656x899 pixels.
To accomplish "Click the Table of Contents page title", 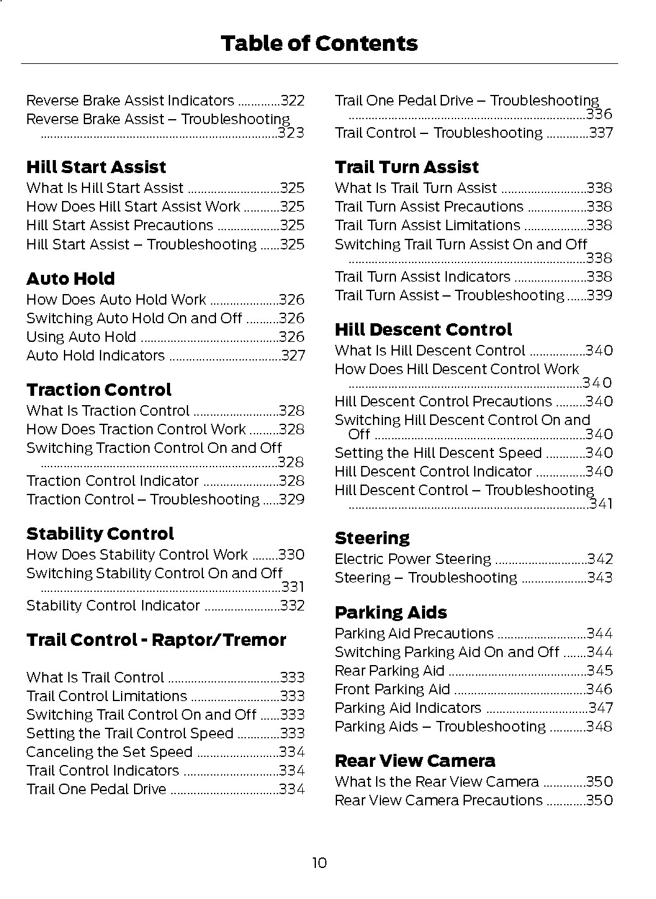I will click(319, 43).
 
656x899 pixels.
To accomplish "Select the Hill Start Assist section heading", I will click(96, 167).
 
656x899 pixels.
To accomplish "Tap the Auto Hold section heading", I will click(70, 279).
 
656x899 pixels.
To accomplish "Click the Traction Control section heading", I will click(99, 390).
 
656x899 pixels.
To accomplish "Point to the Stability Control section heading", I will click(100, 534).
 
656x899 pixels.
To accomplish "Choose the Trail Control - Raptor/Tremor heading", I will click(156, 640).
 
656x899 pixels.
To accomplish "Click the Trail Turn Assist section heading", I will click(407, 167).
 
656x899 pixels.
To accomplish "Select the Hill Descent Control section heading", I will click(423, 329).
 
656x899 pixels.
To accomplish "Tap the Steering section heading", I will click(372, 538).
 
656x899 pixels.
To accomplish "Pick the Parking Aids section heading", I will click(390, 612).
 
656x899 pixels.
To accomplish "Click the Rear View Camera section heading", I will click(415, 761).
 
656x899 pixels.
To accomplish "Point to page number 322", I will click(292, 101).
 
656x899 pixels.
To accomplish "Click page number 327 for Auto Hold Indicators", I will click(293, 356).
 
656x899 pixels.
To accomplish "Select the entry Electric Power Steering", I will click(413, 559).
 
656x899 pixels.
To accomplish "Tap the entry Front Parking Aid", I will click(392, 689).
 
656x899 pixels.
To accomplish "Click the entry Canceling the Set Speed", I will click(109, 752).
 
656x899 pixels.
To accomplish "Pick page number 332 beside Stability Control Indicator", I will click(292, 606).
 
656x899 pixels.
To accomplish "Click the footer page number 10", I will click(319, 862).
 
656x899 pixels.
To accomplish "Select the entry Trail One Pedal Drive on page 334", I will click(96, 789).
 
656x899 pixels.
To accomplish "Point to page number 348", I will click(600, 727).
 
